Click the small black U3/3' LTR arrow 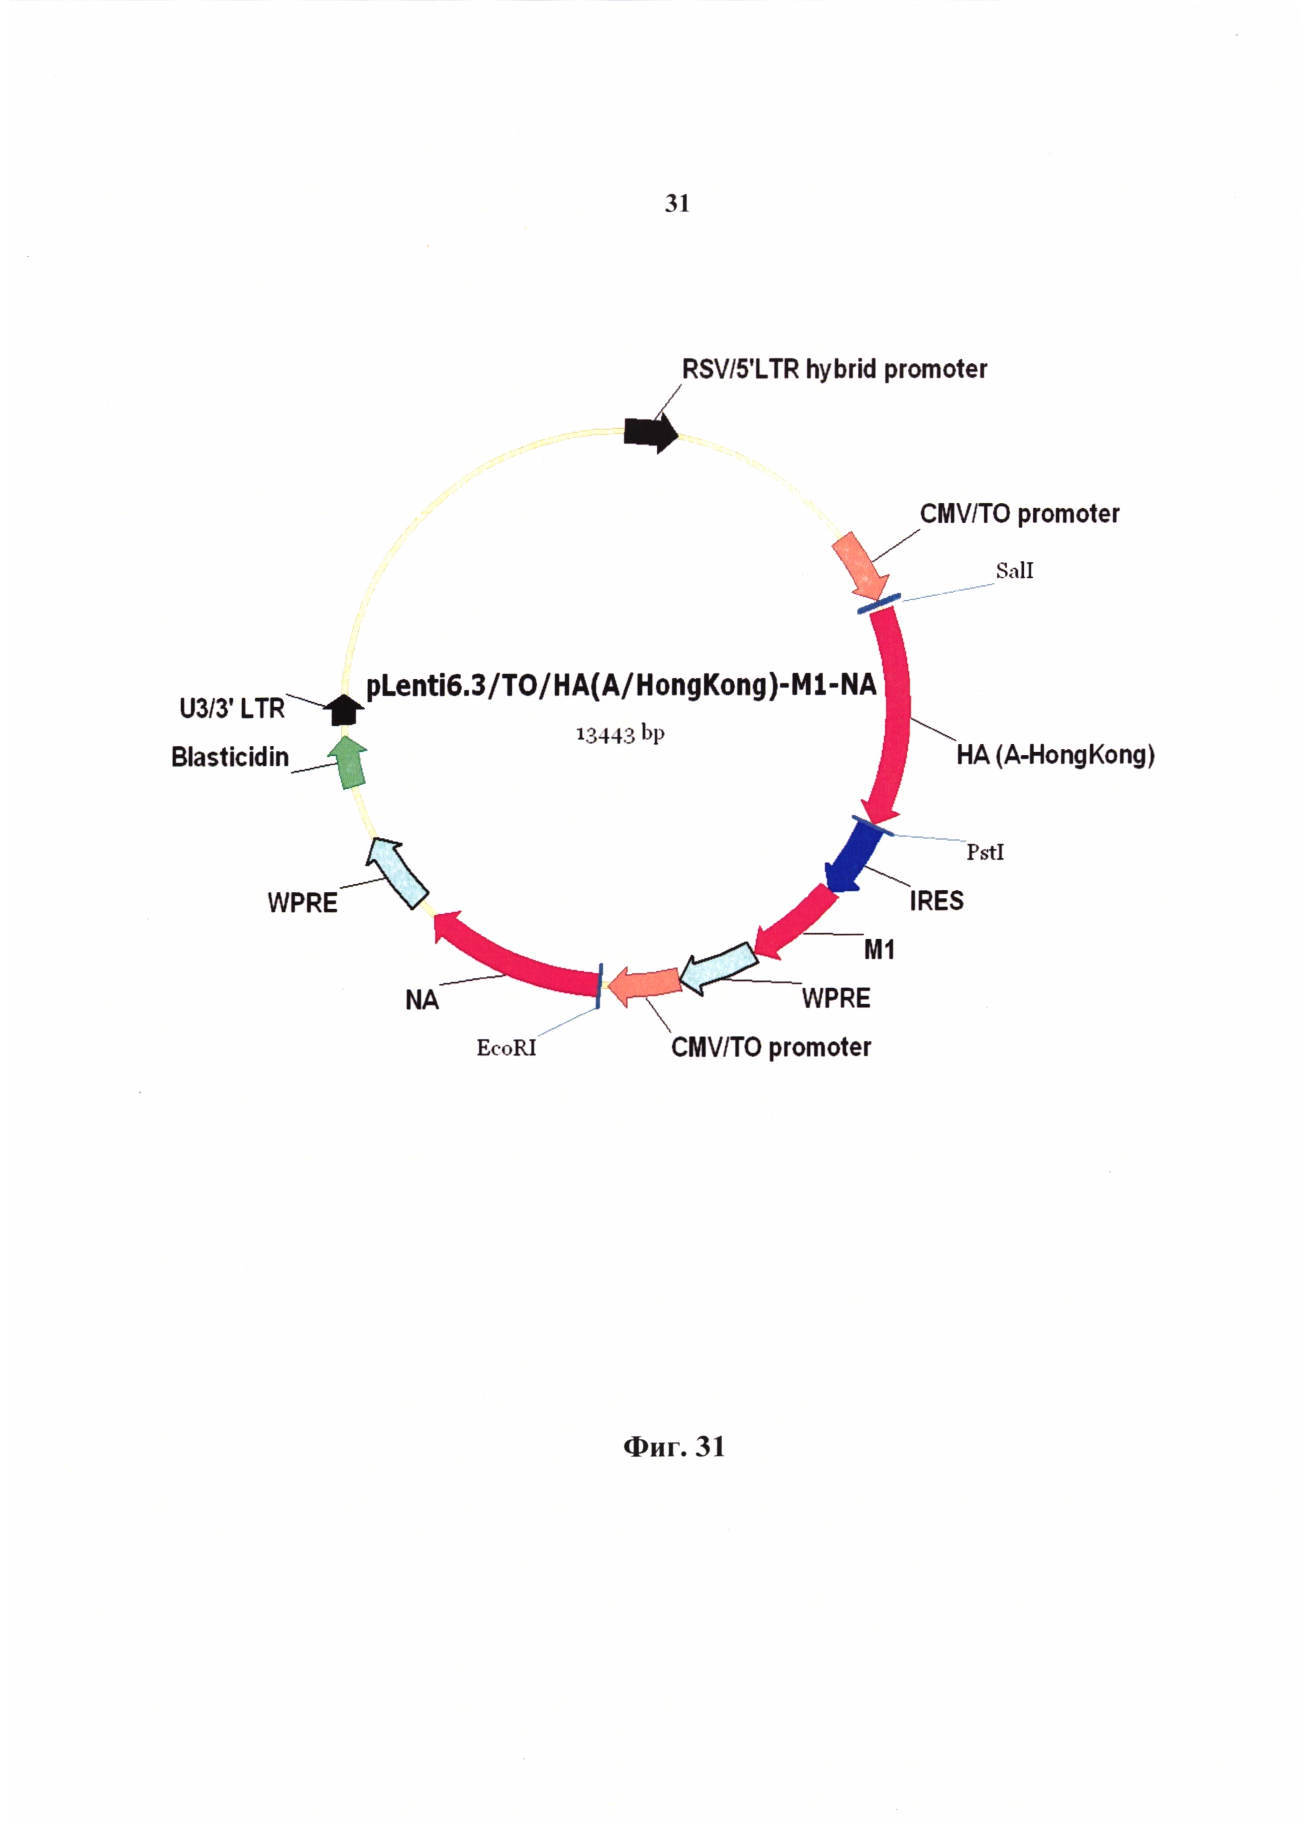coord(344,709)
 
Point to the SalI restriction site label coord(1014,571)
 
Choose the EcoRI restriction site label coord(506,1048)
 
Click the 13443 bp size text coord(620,734)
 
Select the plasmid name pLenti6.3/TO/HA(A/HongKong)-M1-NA coord(621,685)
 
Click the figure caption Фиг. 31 coord(674,1446)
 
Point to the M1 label coord(879,950)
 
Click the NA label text coord(421,1000)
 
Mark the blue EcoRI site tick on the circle coord(600,985)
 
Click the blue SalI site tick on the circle coord(879,604)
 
